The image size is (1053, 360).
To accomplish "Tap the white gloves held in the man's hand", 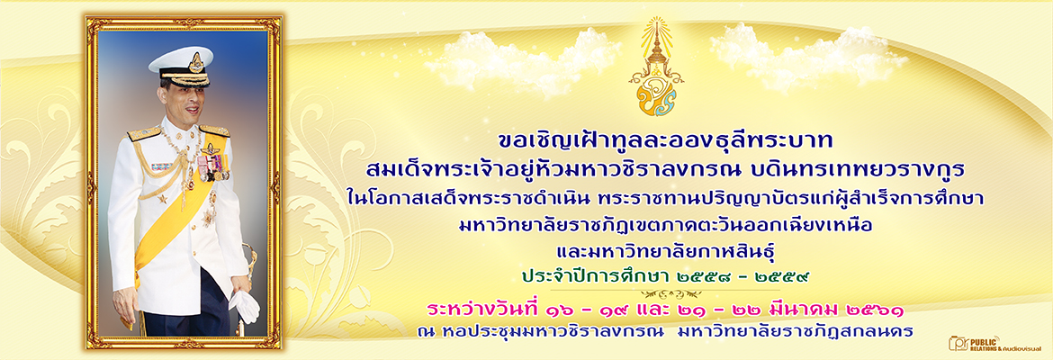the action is pos(245,306).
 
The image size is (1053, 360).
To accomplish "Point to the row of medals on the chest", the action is pos(213,165).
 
